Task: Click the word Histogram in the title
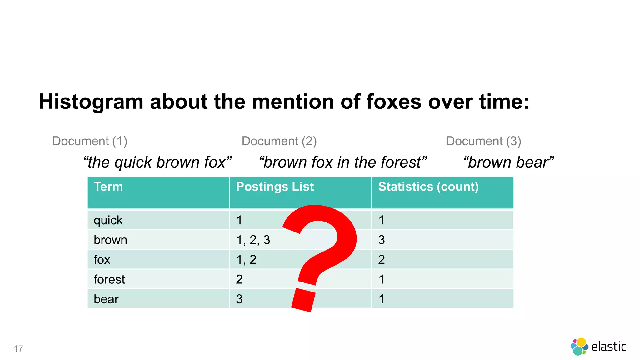coord(91,102)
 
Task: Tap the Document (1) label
coord(90,141)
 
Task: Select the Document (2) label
coord(279,141)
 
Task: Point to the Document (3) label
coord(483,141)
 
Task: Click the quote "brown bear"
coord(509,162)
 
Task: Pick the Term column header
coord(108,187)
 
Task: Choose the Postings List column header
coord(275,187)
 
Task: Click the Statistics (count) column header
coord(428,187)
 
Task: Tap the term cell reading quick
coord(108,221)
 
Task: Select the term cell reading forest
coord(109,279)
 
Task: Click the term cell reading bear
coord(106,299)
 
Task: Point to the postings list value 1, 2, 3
coord(253,240)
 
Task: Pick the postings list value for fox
coord(246,260)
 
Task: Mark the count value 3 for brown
coord(382,240)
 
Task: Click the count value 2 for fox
coord(382,260)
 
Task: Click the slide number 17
coord(18,349)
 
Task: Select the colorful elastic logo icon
coord(579,347)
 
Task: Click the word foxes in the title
coord(393,102)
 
